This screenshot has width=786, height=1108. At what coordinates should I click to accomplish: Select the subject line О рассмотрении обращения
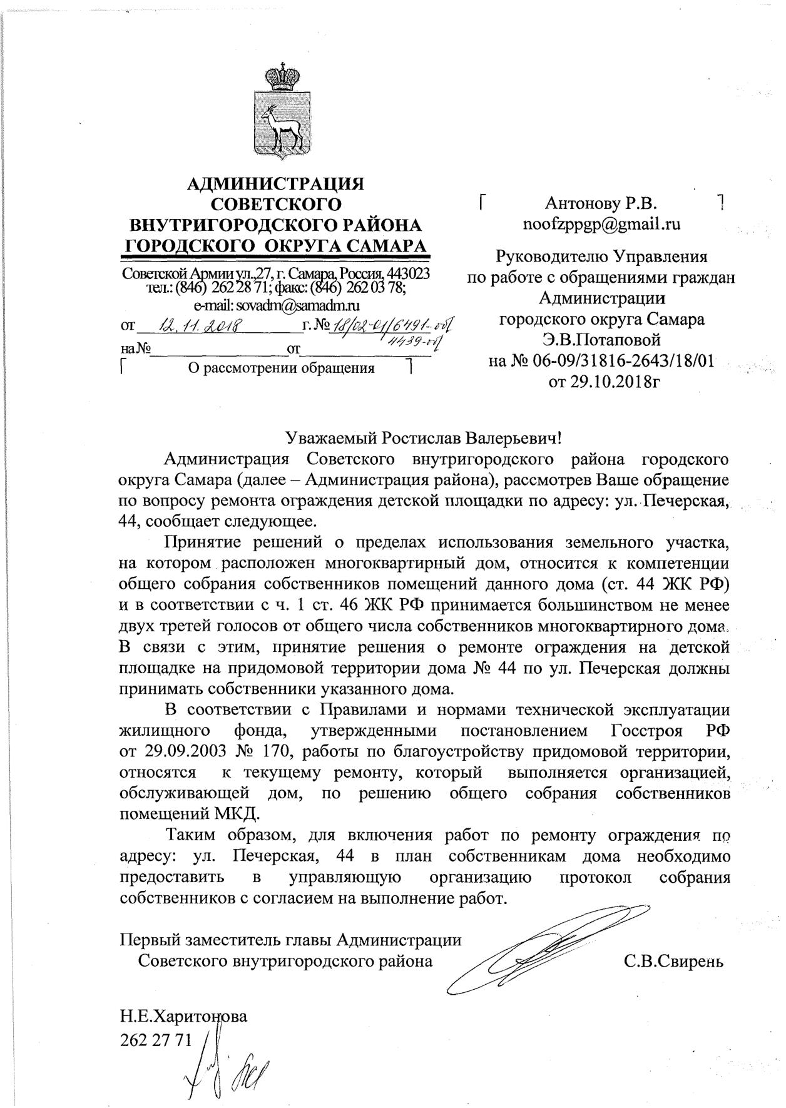click(x=282, y=368)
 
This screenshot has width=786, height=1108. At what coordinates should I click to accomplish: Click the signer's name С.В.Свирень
click(x=673, y=961)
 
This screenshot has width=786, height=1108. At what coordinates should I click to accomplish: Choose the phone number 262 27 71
click(x=156, y=1038)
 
